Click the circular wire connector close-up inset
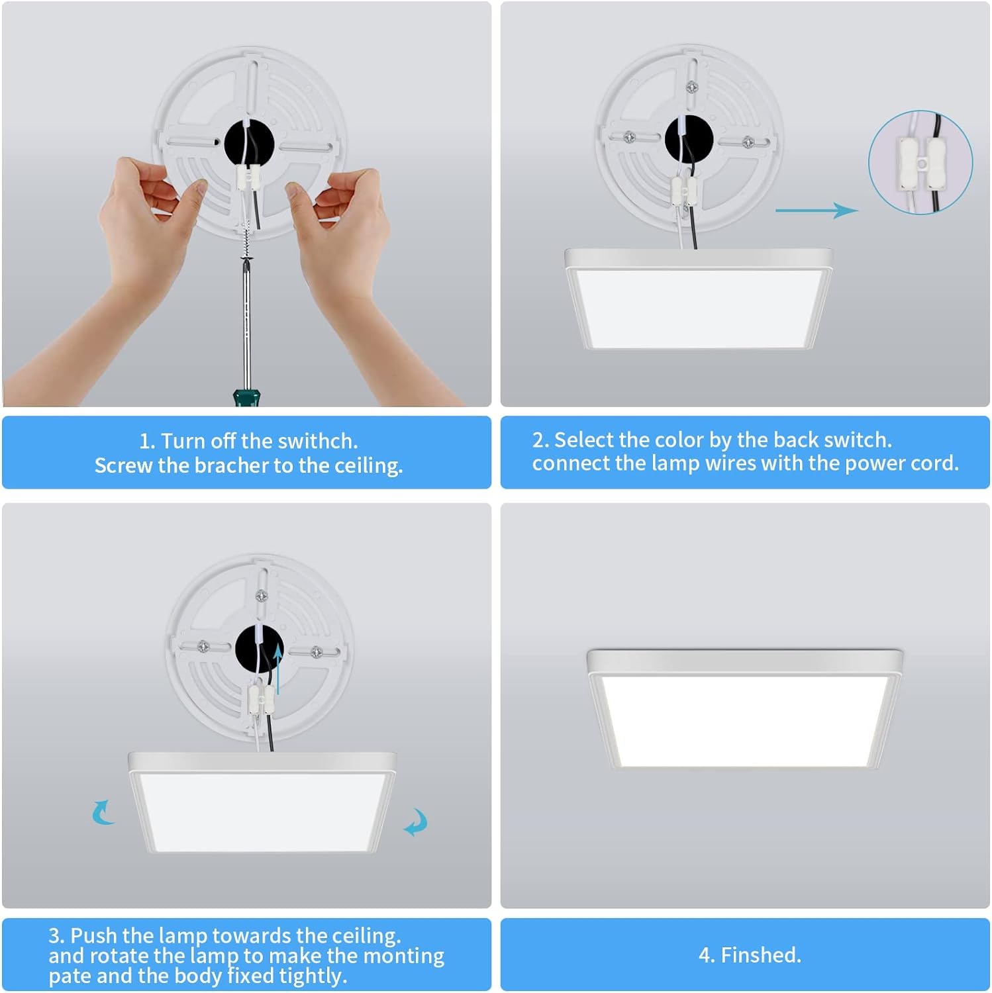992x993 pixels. [920, 162]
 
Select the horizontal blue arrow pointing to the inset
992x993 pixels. [816, 211]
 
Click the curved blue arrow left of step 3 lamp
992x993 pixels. [103, 812]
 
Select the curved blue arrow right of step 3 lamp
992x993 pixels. [417, 822]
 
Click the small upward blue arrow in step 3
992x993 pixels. [278, 669]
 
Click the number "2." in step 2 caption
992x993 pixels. [541, 440]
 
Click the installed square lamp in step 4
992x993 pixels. [744, 712]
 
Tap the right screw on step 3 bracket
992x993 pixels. [317, 653]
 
